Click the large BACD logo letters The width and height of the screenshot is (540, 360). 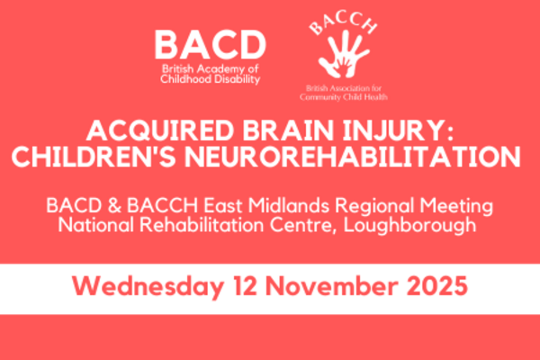[210, 45]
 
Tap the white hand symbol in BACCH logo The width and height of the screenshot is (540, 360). [344, 54]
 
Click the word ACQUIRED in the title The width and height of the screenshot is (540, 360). [160, 130]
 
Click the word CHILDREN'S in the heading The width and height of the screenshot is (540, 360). [94, 157]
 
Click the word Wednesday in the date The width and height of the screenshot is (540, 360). [148, 286]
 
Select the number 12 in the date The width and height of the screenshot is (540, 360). [245, 286]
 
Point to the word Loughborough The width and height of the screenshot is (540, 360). [409, 226]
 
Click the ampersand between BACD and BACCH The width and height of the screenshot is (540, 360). [114, 206]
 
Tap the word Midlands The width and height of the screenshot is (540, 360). [289, 206]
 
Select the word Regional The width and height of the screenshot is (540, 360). [374, 207]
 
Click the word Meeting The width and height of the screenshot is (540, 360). [456, 207]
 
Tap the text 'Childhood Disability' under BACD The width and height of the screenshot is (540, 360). [210, 79]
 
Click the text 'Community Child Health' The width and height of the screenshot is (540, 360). [344, 97]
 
